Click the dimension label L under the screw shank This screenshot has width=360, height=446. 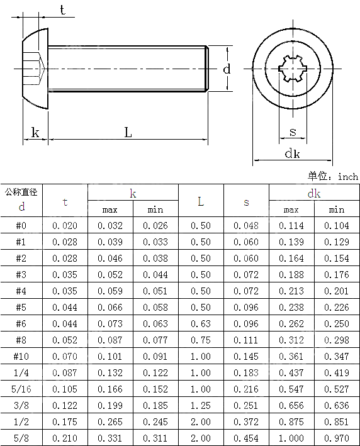point(128,133)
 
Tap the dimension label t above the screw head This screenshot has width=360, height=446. point(62,9)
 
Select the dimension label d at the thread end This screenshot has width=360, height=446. point(227,69)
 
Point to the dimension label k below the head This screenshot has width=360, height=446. point(35,133)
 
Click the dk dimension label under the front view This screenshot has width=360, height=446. point(292,153)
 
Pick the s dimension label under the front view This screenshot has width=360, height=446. point(293,132)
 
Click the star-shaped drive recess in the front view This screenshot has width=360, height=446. point(293,68)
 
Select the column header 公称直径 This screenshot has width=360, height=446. point(21,192)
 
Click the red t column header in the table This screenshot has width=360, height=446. point(65,202)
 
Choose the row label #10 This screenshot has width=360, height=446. point(21,356)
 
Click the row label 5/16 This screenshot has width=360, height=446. point(21,389)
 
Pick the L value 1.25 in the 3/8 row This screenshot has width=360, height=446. point(201,405)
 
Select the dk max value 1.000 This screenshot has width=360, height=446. point(291,438)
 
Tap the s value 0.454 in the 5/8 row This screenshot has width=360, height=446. point(246,438)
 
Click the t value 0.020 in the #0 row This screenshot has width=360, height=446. point(65,225)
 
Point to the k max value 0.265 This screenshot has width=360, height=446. point(110,421)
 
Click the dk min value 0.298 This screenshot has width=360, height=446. point(337,340)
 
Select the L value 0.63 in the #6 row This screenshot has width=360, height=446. point(201,323)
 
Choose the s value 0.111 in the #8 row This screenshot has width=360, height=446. point(246,340)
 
